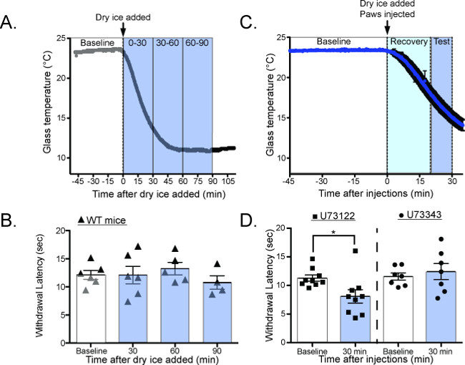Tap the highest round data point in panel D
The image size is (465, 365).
coord(441,240)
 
